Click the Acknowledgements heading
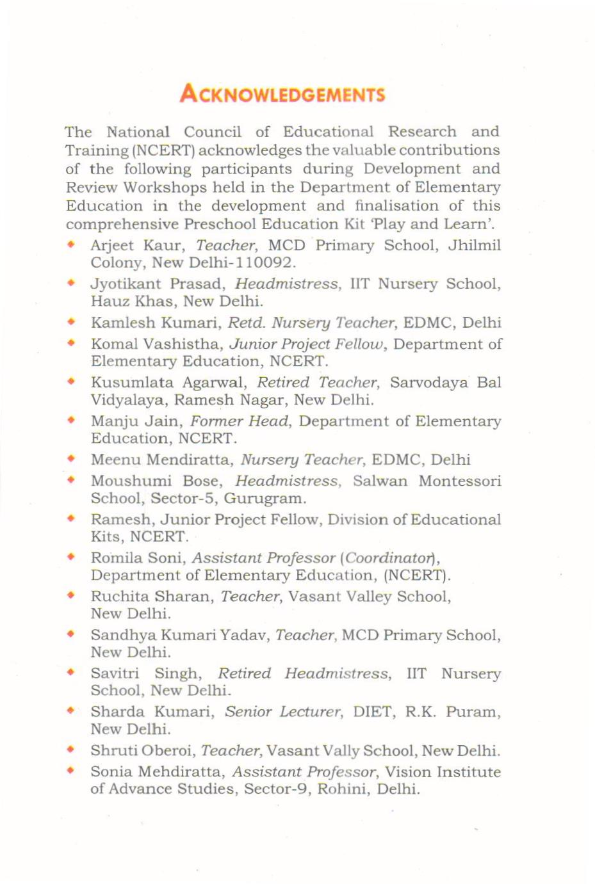click(x=282, y=95)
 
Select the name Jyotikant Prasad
click(x=158, y=284)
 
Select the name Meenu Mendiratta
click(x=161, y=460)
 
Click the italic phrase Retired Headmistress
click(x=303, y=674)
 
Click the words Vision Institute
click(x=443, y=773)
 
